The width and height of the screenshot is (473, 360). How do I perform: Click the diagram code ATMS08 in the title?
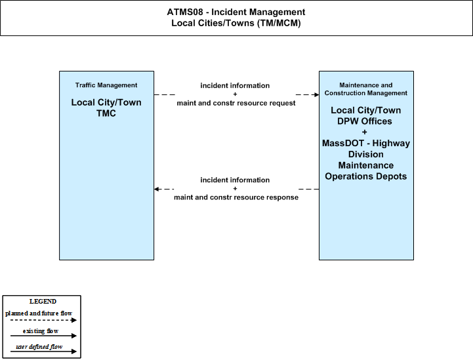185,12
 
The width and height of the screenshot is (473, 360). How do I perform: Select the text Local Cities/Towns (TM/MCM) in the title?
236,23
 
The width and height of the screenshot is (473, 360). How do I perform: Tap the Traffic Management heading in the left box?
106,85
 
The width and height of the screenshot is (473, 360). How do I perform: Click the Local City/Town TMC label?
106,108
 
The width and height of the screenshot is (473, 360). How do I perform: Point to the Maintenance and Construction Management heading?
366,89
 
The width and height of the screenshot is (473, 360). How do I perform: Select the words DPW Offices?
364,121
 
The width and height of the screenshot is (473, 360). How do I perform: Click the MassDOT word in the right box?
342,143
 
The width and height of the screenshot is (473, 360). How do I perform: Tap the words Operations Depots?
366,176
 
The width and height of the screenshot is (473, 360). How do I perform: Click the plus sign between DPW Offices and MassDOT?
364,132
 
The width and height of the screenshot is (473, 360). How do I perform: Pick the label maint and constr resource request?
236,103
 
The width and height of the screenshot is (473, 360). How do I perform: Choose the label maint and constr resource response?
236,197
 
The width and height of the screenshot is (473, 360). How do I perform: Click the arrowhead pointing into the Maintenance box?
316,94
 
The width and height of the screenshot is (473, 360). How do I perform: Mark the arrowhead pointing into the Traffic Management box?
157,189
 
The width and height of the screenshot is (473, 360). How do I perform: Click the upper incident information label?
235,86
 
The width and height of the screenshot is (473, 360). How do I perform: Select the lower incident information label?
235,180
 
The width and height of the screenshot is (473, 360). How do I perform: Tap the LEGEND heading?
43,302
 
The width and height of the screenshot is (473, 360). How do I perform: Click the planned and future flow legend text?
39,313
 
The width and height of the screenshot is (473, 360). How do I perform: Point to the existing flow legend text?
41,331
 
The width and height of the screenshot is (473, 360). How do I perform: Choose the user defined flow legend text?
39,347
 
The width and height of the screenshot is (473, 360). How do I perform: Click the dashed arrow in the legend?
43,320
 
